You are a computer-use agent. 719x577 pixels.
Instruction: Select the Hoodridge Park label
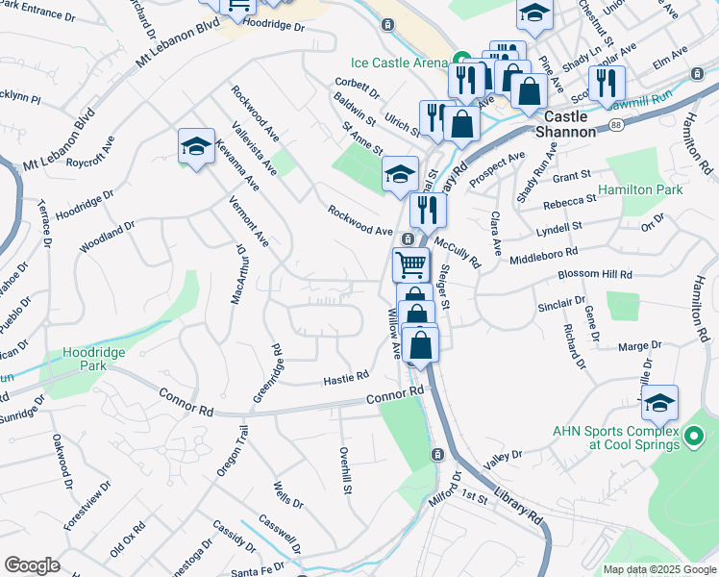[x=94, y=360]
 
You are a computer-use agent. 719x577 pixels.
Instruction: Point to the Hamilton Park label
[x=639, y=190]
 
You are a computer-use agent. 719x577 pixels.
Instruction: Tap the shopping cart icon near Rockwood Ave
[x=410, y=263]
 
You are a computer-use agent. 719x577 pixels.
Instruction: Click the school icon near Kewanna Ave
[x=196, y=146]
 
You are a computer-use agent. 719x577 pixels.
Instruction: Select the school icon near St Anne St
[x=400, y=174]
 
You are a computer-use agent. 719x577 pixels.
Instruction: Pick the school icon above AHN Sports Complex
[x=659, y=403]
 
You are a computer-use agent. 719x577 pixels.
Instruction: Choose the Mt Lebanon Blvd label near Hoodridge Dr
[x=178, y=44]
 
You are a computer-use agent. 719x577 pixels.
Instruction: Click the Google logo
[x=33, y=565]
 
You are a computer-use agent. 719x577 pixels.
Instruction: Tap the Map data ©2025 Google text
[x=658, y=569]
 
